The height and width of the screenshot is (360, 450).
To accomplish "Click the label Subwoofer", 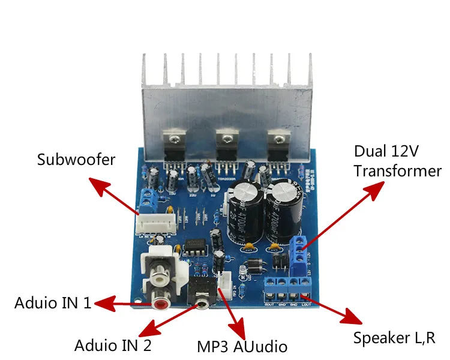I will point(76,160).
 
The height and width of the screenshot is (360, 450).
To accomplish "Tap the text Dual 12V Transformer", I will point(397,160).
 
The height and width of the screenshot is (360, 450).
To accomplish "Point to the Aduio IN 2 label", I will point(113,346).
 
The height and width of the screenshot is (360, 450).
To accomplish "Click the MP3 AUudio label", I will point(242,347).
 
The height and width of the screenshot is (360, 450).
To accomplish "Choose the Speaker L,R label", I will point(393,338).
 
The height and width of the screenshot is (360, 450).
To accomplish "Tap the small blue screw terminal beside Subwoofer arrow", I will point(146,197).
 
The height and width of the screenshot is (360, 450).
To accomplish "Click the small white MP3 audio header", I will point(224,281).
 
